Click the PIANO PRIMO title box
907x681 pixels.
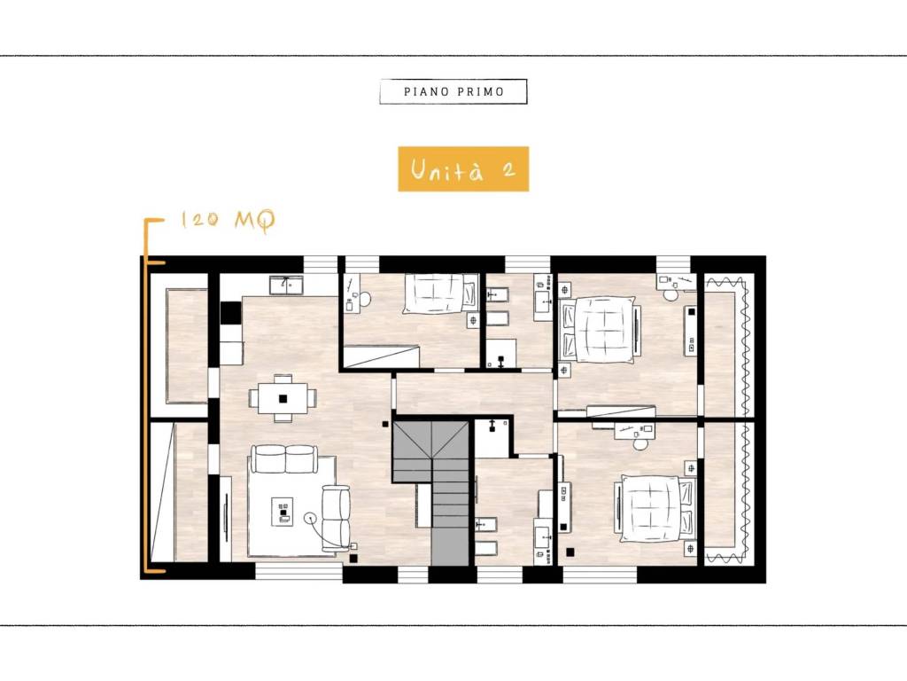(453, 91)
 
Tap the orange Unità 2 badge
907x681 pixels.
(463, 169)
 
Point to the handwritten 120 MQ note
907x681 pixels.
(228, 220)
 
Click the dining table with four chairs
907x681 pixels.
(283, 398)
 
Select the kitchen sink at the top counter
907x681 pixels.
(286, 285)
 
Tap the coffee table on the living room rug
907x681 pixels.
(283, 512)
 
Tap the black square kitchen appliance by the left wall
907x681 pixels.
(231, 313)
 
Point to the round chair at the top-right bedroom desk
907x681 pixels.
(671, 294)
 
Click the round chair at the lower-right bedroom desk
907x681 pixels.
(640, 443)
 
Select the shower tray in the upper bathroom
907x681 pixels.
(500, 353)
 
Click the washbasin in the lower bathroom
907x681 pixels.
(543, 538)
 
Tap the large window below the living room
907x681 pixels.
(299, 572)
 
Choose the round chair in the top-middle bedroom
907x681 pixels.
(364, 299)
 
